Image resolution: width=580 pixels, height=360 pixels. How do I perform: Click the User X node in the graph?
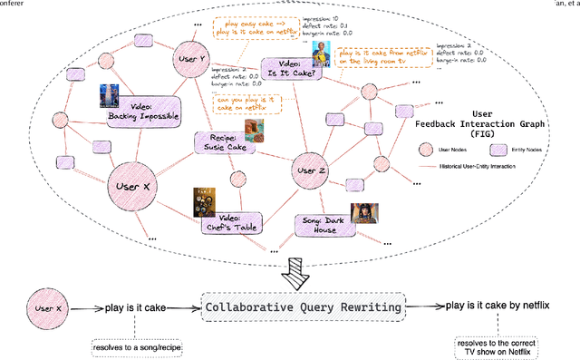137,188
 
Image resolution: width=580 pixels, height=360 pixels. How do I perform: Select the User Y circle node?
192,57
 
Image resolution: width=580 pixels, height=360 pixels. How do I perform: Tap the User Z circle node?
310,170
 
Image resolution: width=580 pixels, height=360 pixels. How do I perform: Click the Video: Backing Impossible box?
140,109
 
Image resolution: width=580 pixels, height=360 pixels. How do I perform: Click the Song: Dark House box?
326,224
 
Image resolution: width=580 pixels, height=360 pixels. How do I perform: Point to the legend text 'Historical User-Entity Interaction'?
490,165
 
